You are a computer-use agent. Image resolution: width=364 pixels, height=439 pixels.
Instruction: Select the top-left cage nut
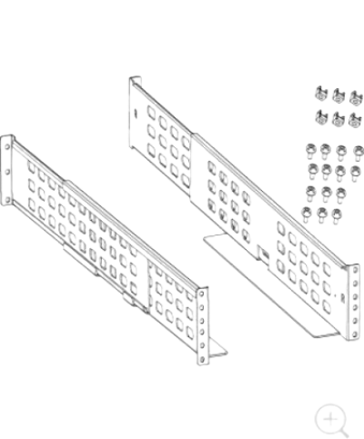(x=320, y=93)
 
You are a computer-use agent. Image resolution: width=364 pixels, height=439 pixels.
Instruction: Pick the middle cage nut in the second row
(x=337, y=118)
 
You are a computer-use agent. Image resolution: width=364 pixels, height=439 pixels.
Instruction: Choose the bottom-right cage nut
(x=354, y=119)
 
